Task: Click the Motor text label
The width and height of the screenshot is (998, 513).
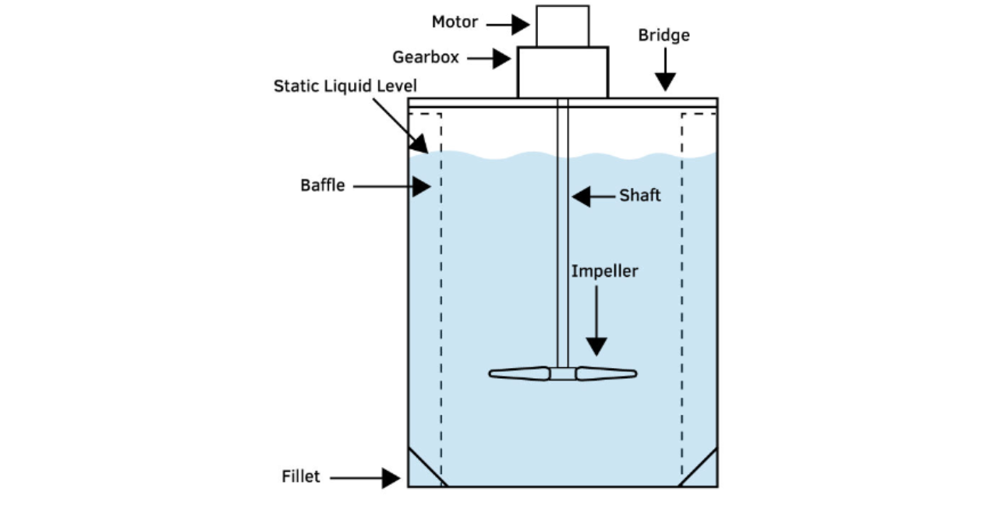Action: click(x=455, y=23)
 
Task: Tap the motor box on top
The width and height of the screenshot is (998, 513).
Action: click(x=562, y=26)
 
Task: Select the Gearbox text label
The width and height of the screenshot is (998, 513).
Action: click(x=426, y=58)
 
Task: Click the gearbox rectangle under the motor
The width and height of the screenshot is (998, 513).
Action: click(x=562, y=72)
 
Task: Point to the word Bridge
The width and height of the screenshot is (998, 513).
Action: click(x=664, y=36)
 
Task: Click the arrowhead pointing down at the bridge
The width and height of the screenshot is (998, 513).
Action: click(x=665, y=81)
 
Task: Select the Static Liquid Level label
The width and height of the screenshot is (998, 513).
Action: click(x=345, y=86)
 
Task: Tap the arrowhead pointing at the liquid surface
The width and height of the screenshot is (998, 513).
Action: click(x=419, y=143)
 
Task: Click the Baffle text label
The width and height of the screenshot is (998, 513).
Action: click(x=322, y=186)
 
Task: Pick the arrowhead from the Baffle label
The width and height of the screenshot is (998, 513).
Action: click(x=422, y=186)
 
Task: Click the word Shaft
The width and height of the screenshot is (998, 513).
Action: click(x=640, y=196)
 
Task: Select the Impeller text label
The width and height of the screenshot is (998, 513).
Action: click(x=604, y=271)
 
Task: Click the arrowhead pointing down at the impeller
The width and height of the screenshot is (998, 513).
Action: click(x=596, y=346)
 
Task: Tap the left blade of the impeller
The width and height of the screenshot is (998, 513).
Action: click(x=519, y=373)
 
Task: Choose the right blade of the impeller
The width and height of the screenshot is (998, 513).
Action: click(x=606, y=373)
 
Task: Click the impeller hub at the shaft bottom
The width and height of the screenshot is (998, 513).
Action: click(x=562, y=373)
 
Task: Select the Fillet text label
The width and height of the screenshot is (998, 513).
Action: click(x=301, y=476)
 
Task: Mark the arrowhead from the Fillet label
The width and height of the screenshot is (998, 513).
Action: click(x=391, y=477)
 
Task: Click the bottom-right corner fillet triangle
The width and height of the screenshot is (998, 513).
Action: click(x=704, y=474)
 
